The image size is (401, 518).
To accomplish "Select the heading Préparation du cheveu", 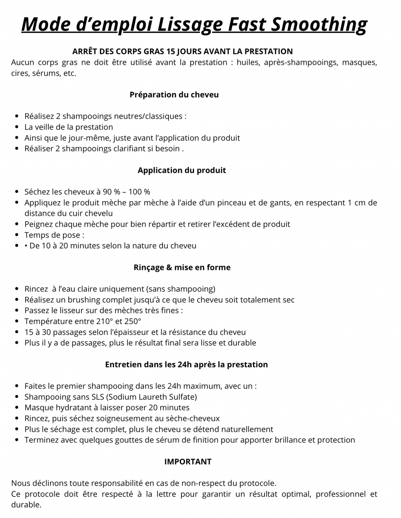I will (174, 95).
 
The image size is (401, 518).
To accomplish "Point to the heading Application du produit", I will (181, 170).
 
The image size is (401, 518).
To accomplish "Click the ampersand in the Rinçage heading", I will (169, 267).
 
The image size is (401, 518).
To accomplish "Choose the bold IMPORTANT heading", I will (188, 461).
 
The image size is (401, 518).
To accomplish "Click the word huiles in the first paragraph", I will (247, 62).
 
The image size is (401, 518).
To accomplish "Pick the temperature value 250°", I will (133, 321).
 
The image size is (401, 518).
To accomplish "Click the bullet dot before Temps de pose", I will (16, 235).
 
